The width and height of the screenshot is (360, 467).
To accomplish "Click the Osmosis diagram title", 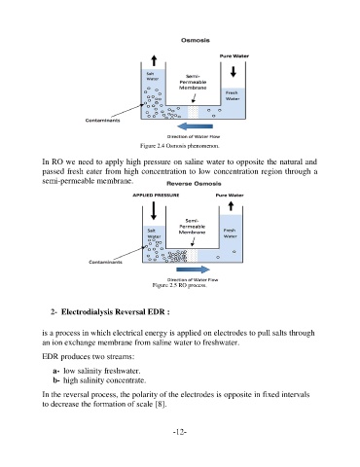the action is tap(196, 40).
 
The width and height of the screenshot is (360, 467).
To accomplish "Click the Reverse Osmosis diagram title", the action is tap(194, 184).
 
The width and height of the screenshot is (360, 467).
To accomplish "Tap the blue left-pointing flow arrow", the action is tap(196, 126).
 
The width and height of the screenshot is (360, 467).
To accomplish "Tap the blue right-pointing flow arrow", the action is tap(193, 269).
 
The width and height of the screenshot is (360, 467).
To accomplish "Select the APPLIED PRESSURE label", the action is tap(156, 196).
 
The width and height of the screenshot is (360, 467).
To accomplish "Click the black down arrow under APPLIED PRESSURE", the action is tap(154, 210).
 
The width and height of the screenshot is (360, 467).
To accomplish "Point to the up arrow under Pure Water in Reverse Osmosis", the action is tap(231, 206).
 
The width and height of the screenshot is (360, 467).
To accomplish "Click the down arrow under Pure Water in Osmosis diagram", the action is tap(234, 72).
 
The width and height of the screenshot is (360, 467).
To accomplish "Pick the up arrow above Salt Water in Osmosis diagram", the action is tap(154, 60).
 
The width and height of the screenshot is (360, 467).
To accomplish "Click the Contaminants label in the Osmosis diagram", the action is tap(102, 121).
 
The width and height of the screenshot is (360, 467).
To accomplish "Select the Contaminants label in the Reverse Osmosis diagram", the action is tap(106, 262).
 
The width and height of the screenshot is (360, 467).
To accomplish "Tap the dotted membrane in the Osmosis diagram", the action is tap(193, 112).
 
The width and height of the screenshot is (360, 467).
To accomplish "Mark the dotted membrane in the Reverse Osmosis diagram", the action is tap(193, 256).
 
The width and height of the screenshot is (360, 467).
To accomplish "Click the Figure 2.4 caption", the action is tap(180, 146).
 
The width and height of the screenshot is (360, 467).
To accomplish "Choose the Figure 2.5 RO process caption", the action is tap(179, 285).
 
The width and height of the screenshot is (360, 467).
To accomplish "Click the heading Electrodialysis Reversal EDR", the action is tap(116, 312).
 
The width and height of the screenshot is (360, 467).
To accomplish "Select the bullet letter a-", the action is tap(56, 371).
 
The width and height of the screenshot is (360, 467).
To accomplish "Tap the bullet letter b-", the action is tap(56, 380).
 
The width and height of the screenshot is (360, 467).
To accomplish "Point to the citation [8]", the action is tap(161, 404).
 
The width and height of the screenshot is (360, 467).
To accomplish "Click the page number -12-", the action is tap(180, 432).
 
